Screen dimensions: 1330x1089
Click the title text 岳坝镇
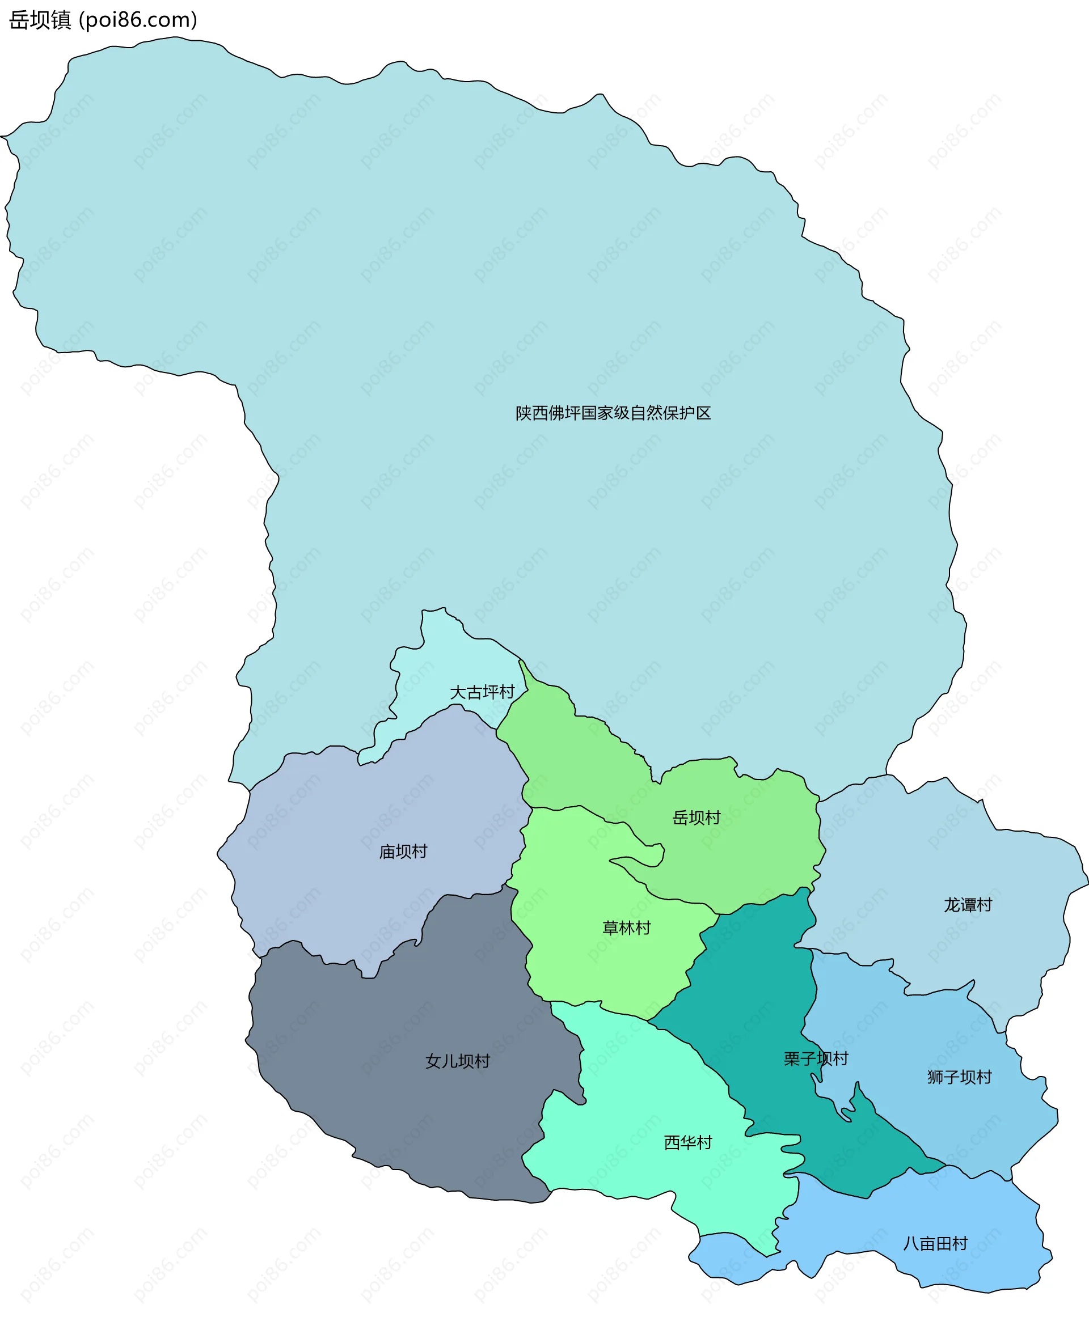(x=40, y=20)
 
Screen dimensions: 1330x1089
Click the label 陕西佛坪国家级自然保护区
(x=613, y=413)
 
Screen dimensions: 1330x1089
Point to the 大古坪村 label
(x=482, y=692)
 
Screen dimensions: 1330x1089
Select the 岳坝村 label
(x=697, y=818)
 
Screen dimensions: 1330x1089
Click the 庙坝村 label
(x=403, y=852)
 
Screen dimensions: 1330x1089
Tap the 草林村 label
(x=627, y=928)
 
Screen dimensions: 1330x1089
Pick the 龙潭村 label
(x=968, y=905)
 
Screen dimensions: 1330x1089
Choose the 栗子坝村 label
(x=816, y=1059)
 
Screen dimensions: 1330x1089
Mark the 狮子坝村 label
(x=959, y=1077)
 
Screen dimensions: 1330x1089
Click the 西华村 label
(x=688, y=1143)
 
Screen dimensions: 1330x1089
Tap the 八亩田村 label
(x=935, y=1243)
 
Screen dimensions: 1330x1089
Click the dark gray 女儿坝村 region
(x=408, y=1116)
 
